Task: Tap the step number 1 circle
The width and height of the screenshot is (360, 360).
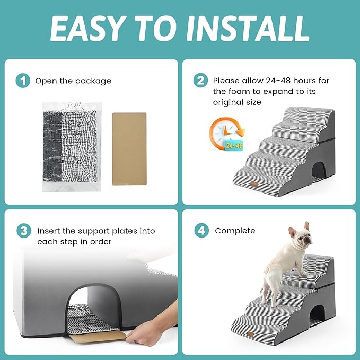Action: [x=22, y=81]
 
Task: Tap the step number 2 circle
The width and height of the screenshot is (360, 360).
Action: [x=200, y=81]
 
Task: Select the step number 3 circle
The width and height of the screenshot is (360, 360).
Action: [x=22, y=232]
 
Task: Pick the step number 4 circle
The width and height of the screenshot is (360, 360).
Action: [x=200, y=231]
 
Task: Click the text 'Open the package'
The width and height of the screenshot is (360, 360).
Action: [x=73, y=81]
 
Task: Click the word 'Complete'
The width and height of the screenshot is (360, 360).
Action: [x=235, y=231]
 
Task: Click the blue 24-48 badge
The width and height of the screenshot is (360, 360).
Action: [x=234, y=145]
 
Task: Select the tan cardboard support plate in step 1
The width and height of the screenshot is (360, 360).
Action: [x=129, y=148]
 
